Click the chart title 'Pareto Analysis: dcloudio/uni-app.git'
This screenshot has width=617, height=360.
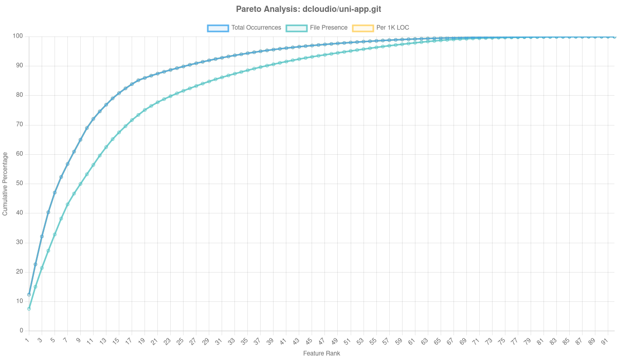[x=308, y=9]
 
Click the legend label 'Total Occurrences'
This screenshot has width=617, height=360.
[x=256, y=28]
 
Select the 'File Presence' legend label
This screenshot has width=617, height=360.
[x=329, y=28]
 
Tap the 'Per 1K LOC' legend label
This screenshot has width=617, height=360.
[x=393, y=28]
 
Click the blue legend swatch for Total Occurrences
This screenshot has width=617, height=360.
[x=217, y=28]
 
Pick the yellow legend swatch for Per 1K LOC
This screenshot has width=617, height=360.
[x=362, y=28]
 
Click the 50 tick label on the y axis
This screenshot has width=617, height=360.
[x=21, y=183]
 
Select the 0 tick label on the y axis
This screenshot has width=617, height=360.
[x=22, y=330]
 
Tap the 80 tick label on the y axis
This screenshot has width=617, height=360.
[x=21, y=95]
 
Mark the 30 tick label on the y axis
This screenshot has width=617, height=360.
[x=21, y=242]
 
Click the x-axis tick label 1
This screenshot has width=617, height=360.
[x=27, y=341]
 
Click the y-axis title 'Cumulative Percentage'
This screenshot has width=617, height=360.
[x=5, y=183]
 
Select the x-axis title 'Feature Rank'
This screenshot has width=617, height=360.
[x=321, y=354]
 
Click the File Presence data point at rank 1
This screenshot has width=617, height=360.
[x=29, y=309]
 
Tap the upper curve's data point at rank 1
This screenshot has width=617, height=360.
[x=29, y=294]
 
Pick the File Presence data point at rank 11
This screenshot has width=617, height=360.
[x=93, y=165]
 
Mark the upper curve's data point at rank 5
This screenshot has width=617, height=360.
[x=55, y=192]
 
